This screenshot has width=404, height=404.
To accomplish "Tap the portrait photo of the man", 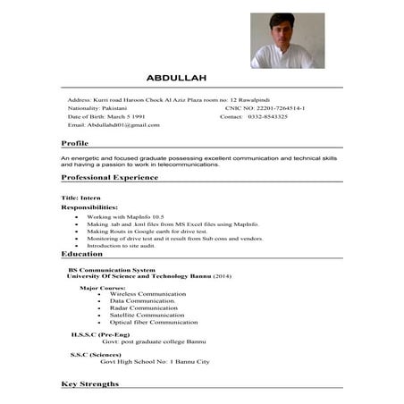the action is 287,40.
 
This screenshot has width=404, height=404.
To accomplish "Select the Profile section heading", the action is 75,143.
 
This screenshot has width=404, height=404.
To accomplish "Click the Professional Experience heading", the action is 110,177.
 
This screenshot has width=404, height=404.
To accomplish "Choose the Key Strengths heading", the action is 89,383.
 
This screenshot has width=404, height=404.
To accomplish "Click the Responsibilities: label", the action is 89,206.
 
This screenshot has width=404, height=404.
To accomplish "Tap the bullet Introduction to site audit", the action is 128,246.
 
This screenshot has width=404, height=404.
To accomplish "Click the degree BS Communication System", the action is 112,269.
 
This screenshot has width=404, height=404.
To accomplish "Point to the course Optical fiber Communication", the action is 154,322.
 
